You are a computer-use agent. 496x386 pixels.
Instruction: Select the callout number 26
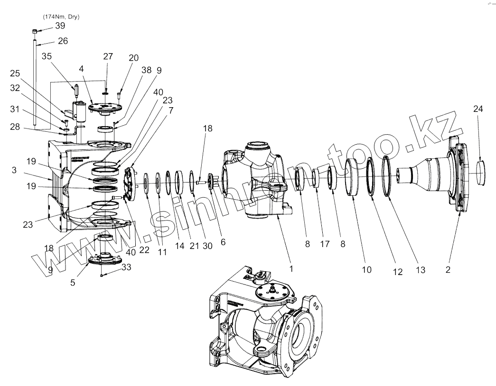click(x=63, y=41)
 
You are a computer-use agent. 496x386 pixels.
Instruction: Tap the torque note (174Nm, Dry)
click(x=61, y=17)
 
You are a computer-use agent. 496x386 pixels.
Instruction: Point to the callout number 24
click(x=478, y=109)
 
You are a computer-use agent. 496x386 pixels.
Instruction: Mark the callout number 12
click(x=397, y=272)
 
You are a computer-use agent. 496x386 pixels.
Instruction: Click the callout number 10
click(x=366, y=269)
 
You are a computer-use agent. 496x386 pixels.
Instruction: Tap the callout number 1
click(x=291, y=268)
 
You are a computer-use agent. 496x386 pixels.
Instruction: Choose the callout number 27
click(x=108, y=56)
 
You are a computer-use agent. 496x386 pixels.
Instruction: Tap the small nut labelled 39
click(x=35, y=31)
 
